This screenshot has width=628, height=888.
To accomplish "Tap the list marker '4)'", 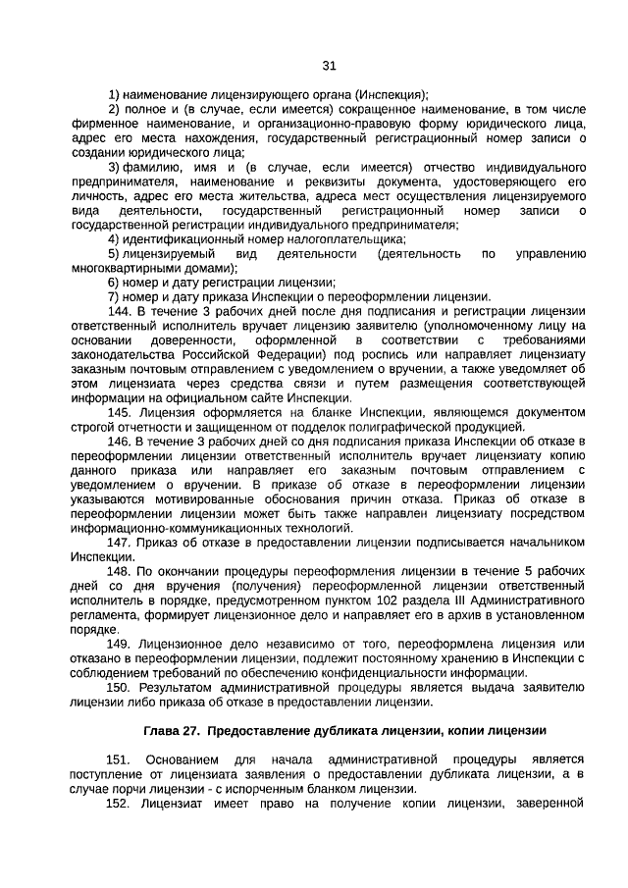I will (x=115, y=238).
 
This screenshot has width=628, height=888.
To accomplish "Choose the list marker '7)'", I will (x=115, y=295).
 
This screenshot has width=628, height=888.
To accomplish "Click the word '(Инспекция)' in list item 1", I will (x=392, y=94).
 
